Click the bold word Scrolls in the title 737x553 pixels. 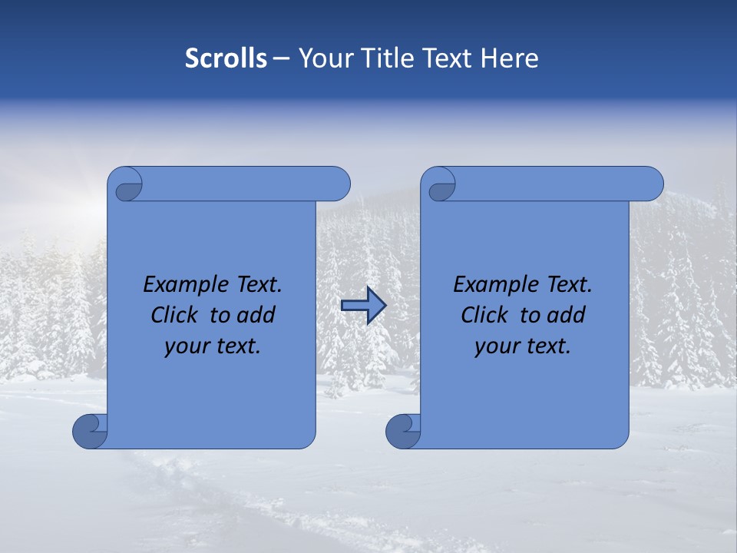click(x=226, y=58)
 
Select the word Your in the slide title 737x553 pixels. click(x=324, y=58)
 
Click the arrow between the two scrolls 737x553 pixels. click(x=363, y=306)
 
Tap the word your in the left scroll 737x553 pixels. click(x=187, y=346)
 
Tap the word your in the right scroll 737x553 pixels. click(x=497, y=346)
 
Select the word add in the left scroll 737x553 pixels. click(x=257, y=315)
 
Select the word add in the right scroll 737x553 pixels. click(x=567, y=315)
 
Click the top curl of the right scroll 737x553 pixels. click(x=440, y=185)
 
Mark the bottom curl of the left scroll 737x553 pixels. click(x=89, y=432)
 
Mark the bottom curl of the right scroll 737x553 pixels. click(x=402, y=432)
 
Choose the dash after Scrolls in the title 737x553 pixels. click(x=281, y=58)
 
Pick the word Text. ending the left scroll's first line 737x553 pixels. click(x=257, y=285)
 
